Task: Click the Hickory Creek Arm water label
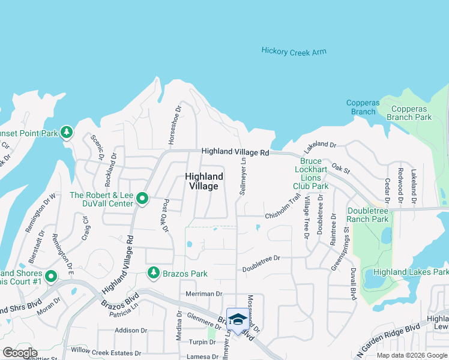294,52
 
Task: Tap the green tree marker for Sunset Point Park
67,132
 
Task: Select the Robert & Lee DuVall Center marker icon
142,198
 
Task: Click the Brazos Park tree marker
154,274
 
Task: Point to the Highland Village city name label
204,181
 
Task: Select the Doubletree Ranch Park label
368,215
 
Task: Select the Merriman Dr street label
204,294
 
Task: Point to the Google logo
20,353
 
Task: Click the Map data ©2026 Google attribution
411,355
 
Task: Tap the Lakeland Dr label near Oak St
321,145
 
